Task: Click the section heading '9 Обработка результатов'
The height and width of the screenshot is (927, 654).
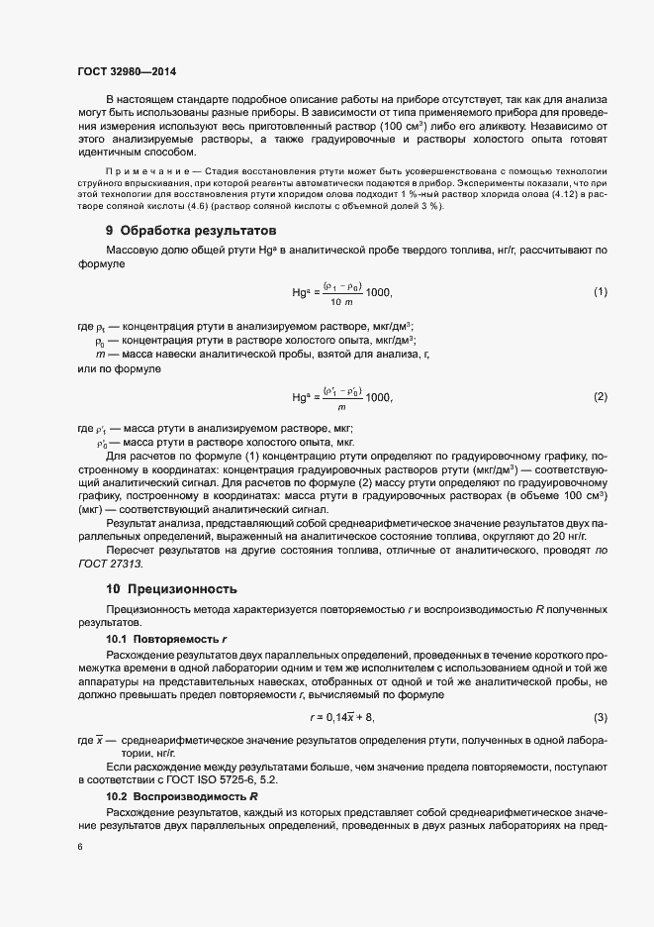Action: (x=190, y=230)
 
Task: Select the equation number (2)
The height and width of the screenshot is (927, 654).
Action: (x=600, y=396)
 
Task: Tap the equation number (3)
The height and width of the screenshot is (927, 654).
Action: (x=600, y=716)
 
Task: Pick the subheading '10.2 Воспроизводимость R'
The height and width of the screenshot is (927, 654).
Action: (x=181, y=795)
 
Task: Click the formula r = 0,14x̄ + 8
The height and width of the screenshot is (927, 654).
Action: (x=341, y=716)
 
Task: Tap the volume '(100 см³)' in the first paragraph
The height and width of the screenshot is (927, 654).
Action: (x=454, y=127)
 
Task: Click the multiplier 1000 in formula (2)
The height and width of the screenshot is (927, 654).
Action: (x=378, y=397)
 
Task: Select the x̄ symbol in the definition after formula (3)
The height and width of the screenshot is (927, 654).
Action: (x=100, y=740)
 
